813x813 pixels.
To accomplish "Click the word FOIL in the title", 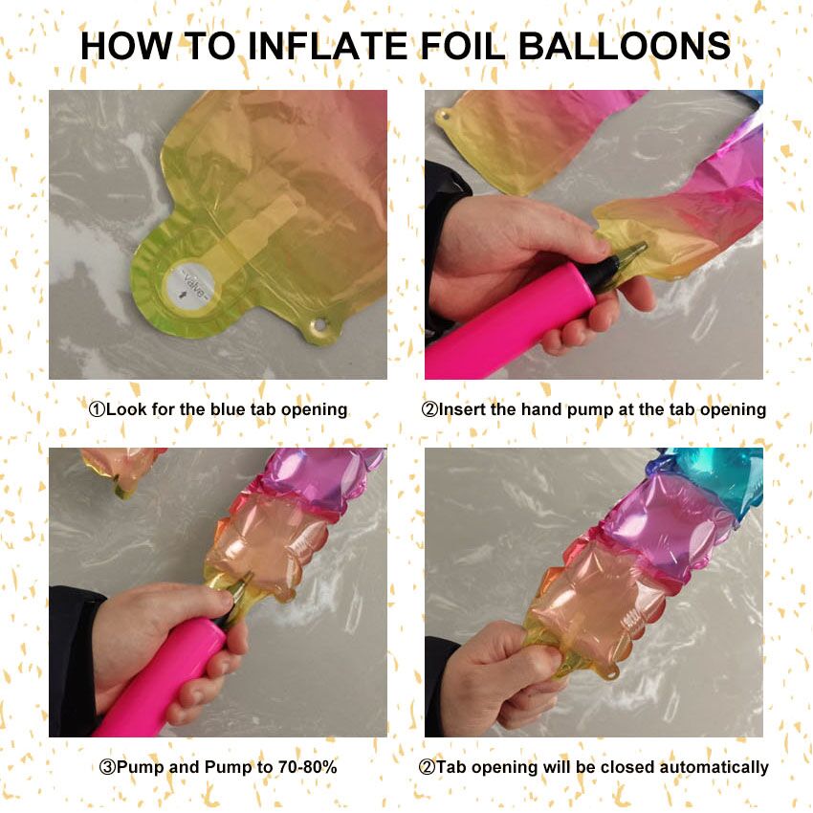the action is (x=463, y=46).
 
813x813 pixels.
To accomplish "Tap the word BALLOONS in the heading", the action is (x=625, y=46).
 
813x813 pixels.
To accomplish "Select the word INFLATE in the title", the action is (x=328, y=46).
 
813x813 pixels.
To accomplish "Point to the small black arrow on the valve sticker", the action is (x=183, y=295).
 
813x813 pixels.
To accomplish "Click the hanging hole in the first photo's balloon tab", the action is (x=319, y=325).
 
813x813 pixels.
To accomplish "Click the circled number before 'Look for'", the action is (x=97, y=409).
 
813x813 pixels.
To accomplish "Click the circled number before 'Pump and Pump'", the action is (x=107, y=767).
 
